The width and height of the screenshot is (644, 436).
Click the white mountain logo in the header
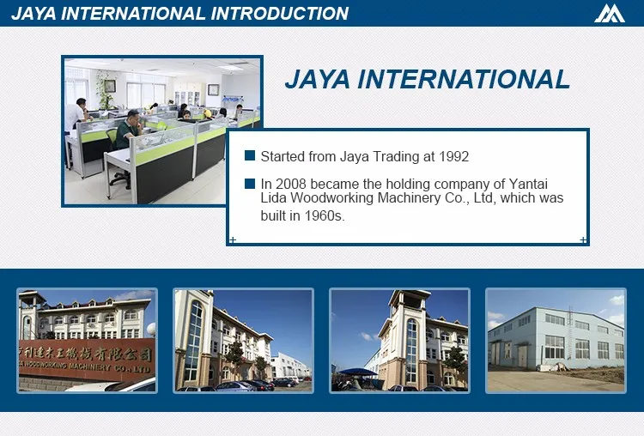tap(610, 14)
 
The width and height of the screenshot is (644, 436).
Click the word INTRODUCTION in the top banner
tap(280, 13)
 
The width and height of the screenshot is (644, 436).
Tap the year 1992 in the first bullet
tap(454, 156)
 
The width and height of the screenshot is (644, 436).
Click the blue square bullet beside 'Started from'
tap(250, 155)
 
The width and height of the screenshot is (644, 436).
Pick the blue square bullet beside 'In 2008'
tap(250, 184)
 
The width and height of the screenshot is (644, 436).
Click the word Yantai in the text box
tap(528, 185)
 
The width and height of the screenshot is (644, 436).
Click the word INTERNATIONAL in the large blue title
tap(463, 79)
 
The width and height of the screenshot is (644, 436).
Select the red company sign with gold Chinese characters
tap(86, 359)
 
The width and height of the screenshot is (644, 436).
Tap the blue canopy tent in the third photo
tap(357, 372)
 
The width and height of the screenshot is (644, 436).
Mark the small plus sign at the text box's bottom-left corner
tap(233, 239)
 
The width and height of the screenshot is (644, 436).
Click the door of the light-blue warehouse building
tap(522, 357)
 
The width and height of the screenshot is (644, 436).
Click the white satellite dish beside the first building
tap(151, 330)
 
